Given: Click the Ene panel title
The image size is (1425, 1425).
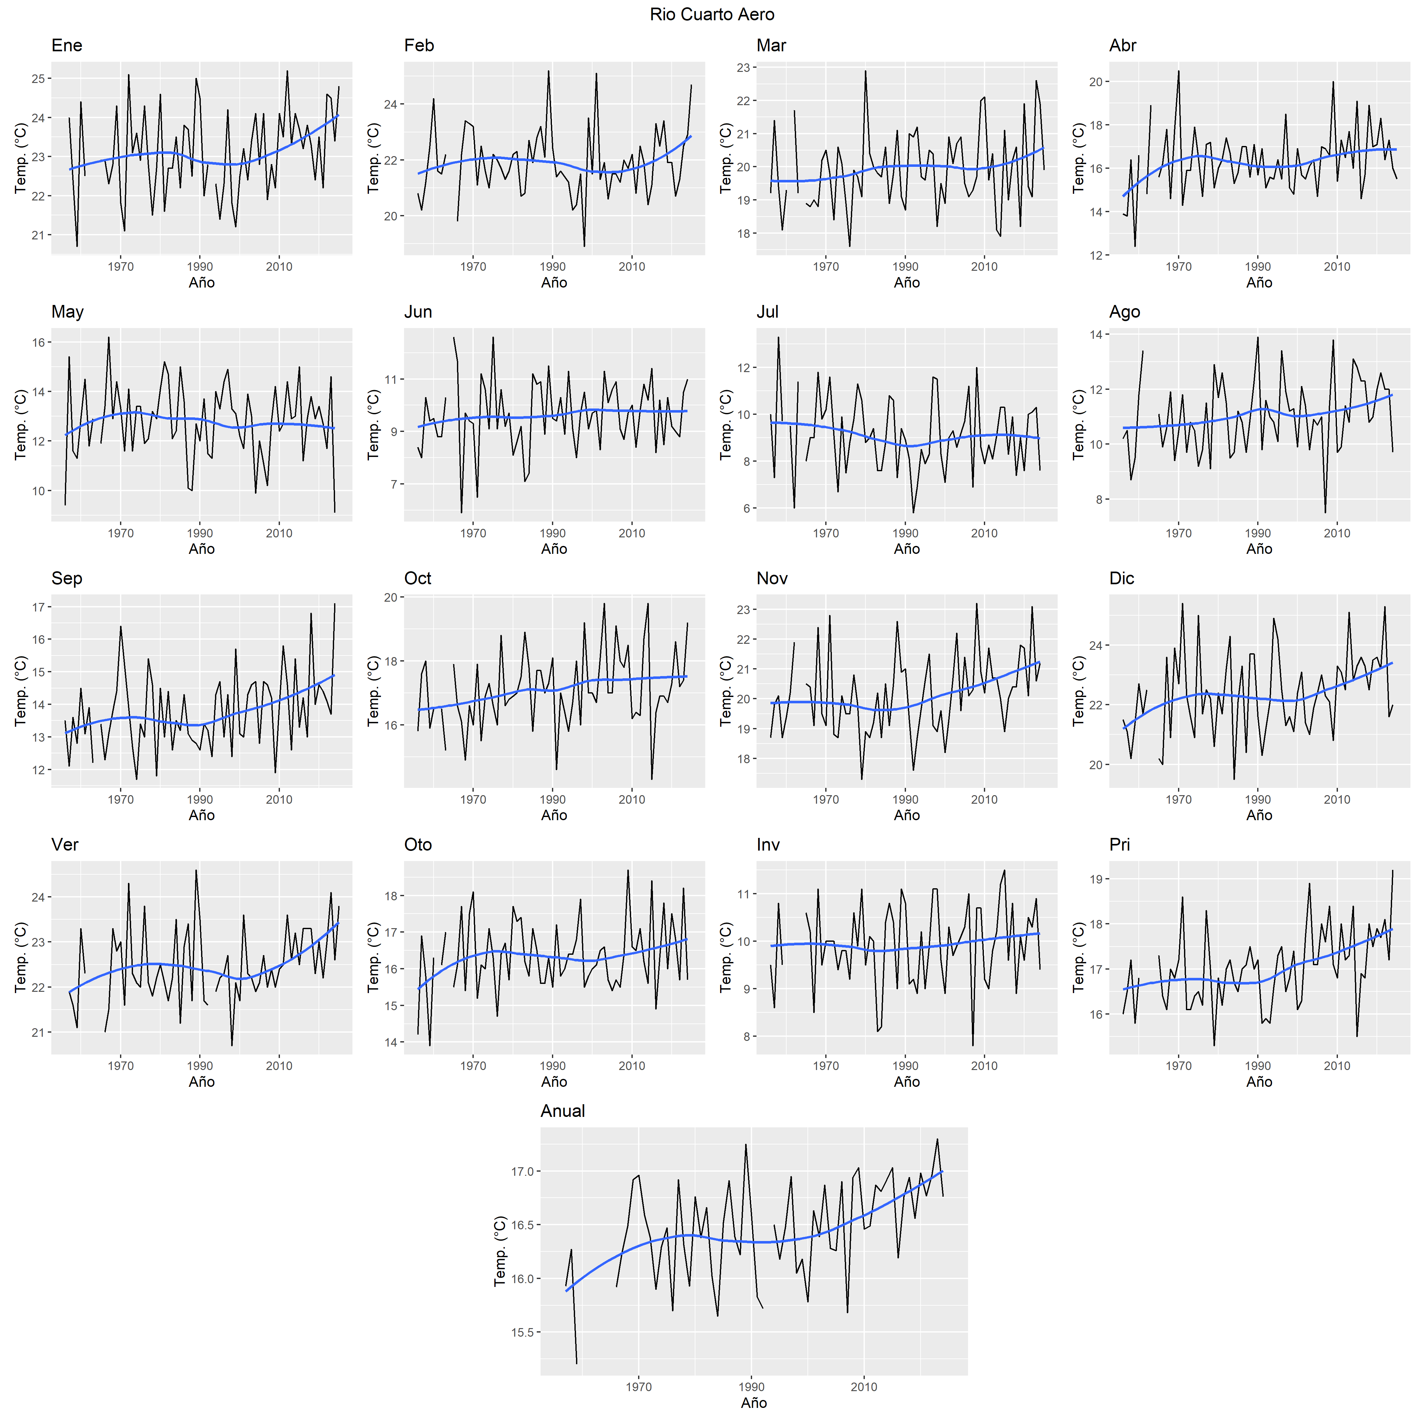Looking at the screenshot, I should (x=66, y=46).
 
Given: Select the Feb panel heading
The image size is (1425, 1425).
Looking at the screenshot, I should (x=419, y=46).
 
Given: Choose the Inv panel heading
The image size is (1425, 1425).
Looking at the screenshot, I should (x=768, y=845).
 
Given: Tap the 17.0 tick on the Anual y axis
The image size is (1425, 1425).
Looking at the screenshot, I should (x=522, y=1171).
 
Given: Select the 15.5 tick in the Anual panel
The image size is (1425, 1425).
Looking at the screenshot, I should (x=522, y=1332).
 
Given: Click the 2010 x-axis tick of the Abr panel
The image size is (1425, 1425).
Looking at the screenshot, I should (x=1336, y=267).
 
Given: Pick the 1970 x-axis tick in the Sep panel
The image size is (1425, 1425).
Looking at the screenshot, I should (x=121, y=800).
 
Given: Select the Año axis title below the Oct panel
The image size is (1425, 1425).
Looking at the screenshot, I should (x=554, y=815).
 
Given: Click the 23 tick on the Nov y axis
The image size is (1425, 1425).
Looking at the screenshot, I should (x=743, y=610).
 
